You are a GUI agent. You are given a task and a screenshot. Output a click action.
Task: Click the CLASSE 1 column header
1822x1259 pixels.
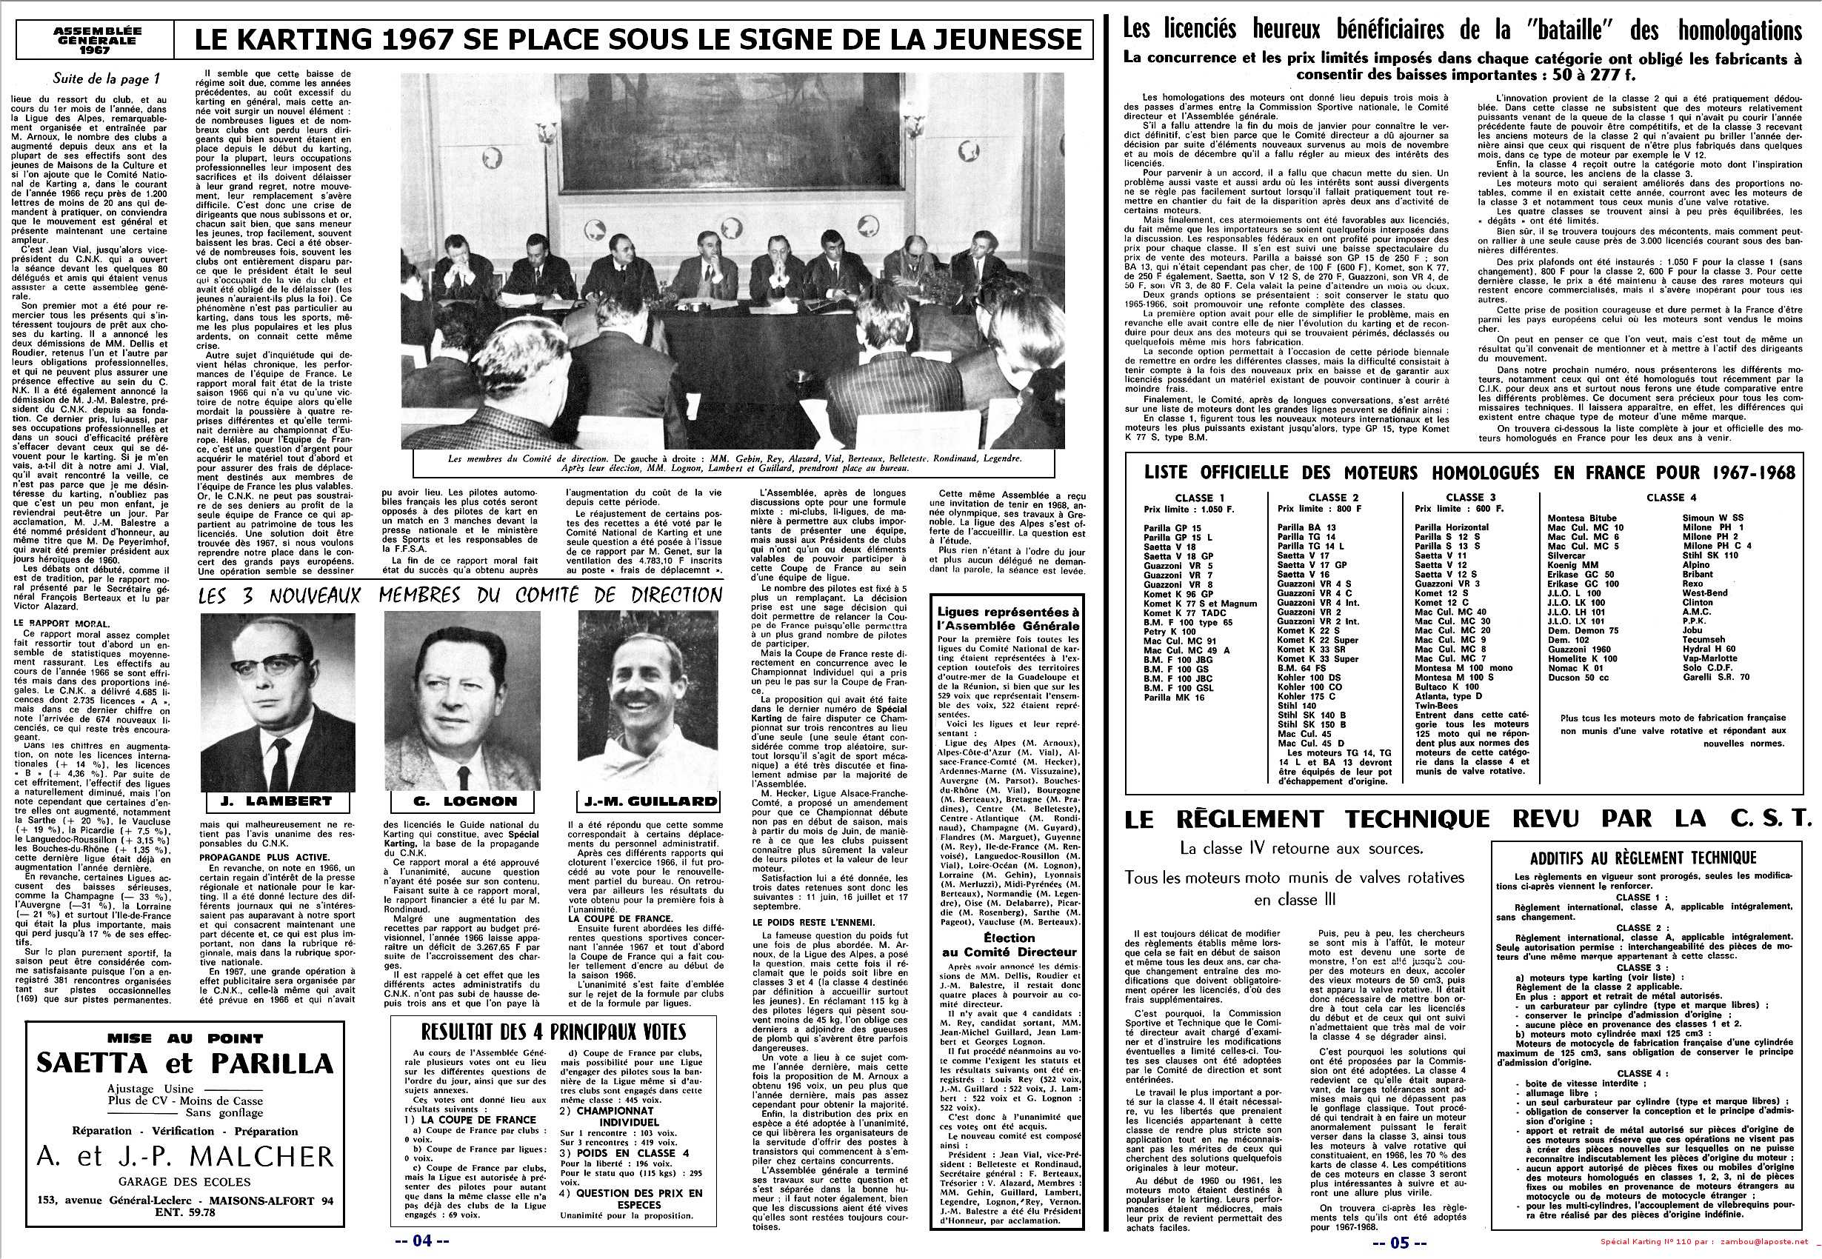tap(1199, 498)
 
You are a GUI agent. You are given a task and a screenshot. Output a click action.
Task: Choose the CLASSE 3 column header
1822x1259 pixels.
tap(1465, 498)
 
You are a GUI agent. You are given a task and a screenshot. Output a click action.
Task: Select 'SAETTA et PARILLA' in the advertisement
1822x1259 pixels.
tap(184, 1063)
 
